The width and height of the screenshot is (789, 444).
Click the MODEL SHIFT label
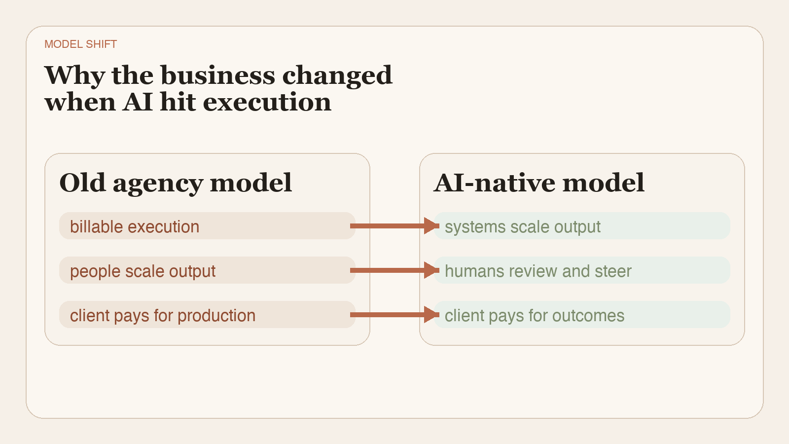point(80,44)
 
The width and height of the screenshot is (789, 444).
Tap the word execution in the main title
point(267,103)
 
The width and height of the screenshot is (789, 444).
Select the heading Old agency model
point(176,183)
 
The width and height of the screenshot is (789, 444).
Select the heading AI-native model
point(539,183)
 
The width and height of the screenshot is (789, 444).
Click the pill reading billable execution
point(207,226)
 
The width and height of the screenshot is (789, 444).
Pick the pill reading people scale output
point(207,270)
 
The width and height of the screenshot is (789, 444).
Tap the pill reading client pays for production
point(207,315)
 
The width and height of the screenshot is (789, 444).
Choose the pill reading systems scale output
point(582,226)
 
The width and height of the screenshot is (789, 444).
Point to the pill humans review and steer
point(582,270)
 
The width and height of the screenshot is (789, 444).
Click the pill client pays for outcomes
point(582,315)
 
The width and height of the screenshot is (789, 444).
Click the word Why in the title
point(74,75)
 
